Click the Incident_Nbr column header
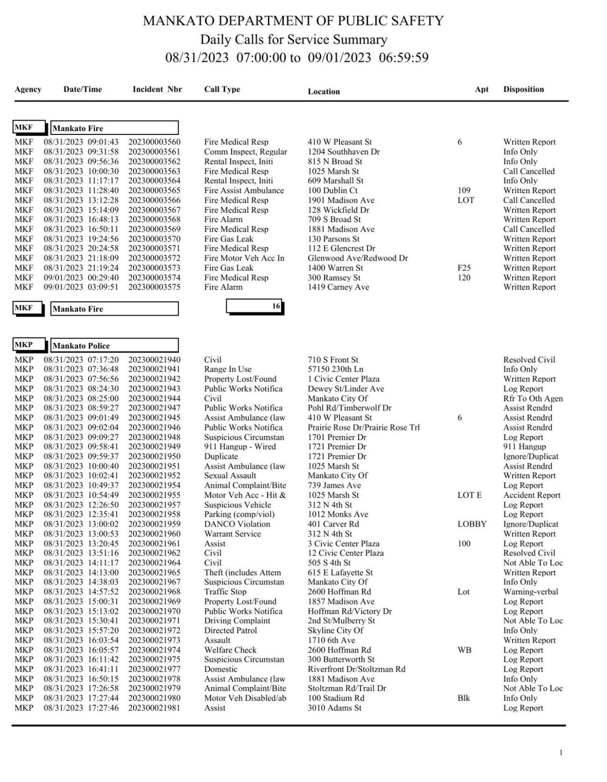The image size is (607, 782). coord(157,89)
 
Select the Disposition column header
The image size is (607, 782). coord(523,89)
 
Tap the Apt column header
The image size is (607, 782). coord(482,89)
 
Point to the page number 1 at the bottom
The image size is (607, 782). coord(560,753)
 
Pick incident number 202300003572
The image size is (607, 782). coord(154,258)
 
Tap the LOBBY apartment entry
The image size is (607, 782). coord(471,524)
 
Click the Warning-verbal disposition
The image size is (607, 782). coord(530,592)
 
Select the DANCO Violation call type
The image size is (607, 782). coord(237,524)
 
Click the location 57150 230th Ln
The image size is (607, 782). coord(335,370)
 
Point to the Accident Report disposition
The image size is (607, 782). coord(531,495)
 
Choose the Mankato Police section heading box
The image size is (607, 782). coord(114,346)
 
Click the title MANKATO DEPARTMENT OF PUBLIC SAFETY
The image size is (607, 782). coord(293,21)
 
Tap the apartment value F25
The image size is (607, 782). coord(463,268)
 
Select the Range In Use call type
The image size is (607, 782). coord(228,370)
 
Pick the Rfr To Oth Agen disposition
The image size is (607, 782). coord(532,398)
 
